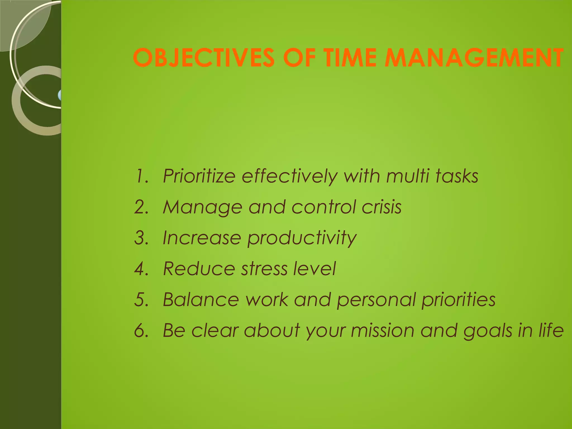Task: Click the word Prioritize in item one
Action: pyautogui.click(x=199, y=176)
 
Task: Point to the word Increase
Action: pyautogui.click(x=202, y=238)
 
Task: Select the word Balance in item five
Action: pyautogui.click(x=201, y=300)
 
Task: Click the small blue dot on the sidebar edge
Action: pyautogui.click(x=59, y=95)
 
